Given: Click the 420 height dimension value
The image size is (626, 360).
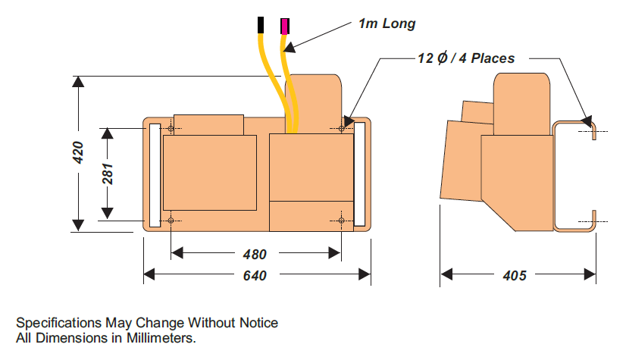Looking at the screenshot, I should (77, 153).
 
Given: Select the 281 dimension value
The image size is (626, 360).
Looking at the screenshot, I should (108, 174).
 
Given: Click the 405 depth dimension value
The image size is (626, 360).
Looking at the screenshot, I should (515, 275).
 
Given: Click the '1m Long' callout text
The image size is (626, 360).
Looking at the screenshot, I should (387, 23).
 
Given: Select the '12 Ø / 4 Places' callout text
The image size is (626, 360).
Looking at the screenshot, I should (466, 58).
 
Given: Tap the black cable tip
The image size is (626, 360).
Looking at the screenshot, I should (261, 25).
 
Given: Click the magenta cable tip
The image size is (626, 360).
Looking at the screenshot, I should (285, 26).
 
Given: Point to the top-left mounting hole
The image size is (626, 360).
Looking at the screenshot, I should (171, 129).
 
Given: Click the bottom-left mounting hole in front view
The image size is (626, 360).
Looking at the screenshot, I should (171, 221).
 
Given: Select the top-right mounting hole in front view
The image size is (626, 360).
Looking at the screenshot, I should (342, 129).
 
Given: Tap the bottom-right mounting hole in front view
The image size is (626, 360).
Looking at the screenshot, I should (342, 221).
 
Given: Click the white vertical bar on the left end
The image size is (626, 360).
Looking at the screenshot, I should (155, 175).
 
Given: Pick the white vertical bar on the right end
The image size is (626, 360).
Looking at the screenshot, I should (359, 175).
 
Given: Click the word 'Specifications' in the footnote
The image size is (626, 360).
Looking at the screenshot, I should (55, 323).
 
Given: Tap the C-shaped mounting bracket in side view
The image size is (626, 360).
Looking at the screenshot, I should (557, 175).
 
